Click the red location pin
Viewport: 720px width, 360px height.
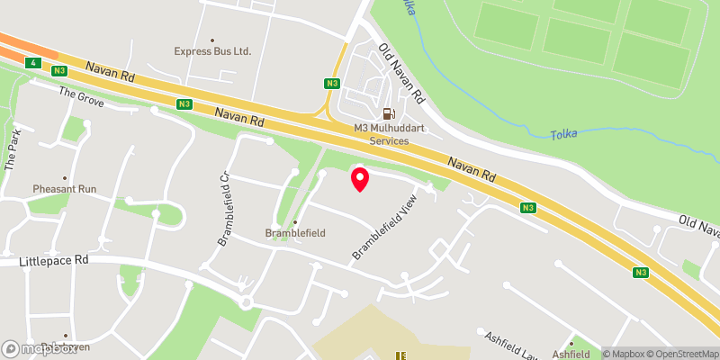[360, 179]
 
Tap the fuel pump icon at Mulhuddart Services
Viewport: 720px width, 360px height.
[389, 113]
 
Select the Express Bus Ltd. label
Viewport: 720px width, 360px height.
[212, 51]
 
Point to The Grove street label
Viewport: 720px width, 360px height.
[82, 97]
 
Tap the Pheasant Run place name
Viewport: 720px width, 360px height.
[64, 189]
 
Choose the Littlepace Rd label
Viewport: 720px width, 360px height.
[55, 261]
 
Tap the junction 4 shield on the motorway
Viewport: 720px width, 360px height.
[33, 62]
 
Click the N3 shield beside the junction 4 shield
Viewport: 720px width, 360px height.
[59, 70]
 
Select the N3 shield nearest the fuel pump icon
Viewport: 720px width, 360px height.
[332, 84]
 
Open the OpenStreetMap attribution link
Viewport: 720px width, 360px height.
[677, 353]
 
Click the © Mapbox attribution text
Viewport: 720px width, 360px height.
[623, 353]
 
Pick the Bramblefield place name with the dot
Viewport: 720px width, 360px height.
[294, 232]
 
